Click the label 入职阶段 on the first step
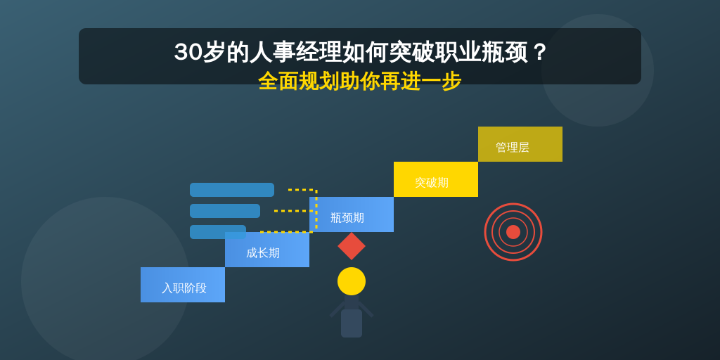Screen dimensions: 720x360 click(184, 288)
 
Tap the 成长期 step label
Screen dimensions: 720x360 click(263, 253)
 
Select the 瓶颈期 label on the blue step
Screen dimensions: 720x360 click(347, 218)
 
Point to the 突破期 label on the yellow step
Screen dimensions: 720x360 click(432, 183)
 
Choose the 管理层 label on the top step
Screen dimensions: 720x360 click(513, 148)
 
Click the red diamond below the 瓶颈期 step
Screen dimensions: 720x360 click(352, 246)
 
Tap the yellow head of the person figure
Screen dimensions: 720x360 click(352, 281)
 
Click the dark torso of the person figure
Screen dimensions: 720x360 click(352, 323)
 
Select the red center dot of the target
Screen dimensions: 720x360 click(513, 232)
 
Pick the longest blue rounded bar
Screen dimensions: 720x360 click(232, 190)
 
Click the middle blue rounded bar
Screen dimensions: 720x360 click(225, 211)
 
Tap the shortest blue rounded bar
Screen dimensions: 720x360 click(218, 232)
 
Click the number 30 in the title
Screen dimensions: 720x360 click(188, 53)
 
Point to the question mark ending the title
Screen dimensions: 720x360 click(539, 53)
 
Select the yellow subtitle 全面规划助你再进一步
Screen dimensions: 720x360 click(360, 82)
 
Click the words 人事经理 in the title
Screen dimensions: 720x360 click(296, 53)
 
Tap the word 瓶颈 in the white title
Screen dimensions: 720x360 click(504, 53)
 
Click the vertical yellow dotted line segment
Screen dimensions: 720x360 click(316, 211)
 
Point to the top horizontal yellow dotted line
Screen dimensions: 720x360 click(302, 190)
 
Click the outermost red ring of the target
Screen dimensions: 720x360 click(513, 203)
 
